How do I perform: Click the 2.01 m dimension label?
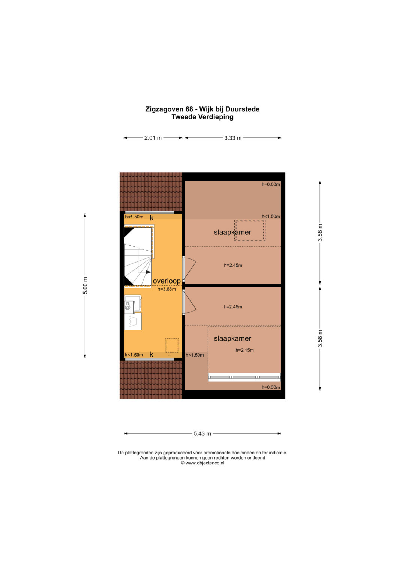point(153,138)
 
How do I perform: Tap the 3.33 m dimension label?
point(233,138)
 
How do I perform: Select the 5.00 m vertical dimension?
point(85,285)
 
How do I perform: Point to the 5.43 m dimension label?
point(202,433)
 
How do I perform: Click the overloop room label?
point(167,281)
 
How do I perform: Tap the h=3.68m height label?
point(166,289)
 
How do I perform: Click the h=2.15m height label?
point(244,350)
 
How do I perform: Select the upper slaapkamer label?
point(232,232)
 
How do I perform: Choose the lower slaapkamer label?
point(232,338)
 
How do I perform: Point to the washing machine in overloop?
point(133,304)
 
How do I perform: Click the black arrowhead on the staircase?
point(148,272)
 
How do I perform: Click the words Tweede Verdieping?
point(202,117)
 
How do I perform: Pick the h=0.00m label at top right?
point(271,184)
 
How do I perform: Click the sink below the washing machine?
point(133,321)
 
